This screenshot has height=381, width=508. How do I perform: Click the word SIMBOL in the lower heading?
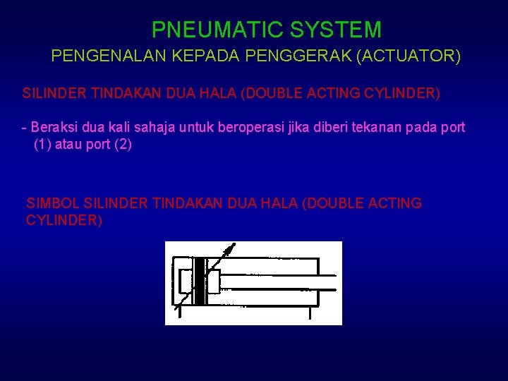52,203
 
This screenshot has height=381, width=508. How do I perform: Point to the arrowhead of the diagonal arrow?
230,248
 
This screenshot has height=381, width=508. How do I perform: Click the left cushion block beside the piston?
186,282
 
